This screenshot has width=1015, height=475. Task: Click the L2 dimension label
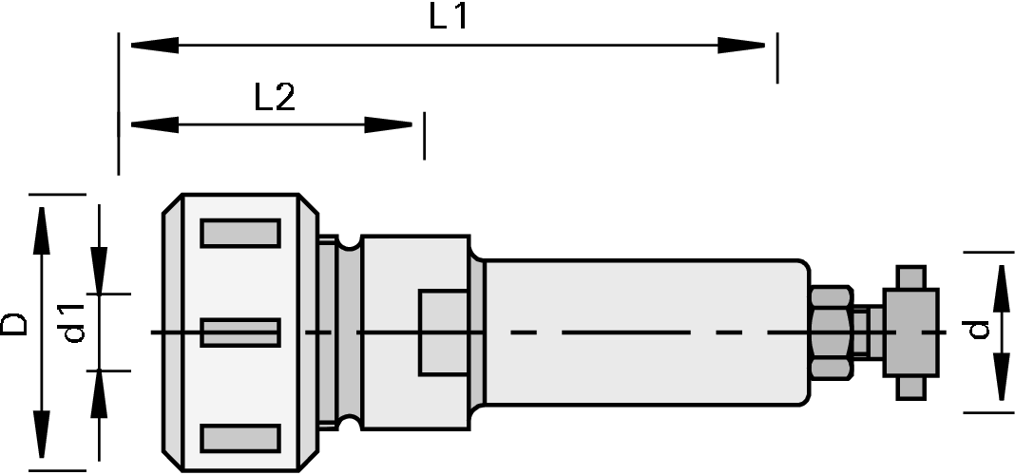[x=276, y=98]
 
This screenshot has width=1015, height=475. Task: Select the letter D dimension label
[x=14, y=326]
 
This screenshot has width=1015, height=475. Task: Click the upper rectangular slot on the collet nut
[x=239, y=233]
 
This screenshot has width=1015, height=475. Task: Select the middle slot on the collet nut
[x=239, y=332]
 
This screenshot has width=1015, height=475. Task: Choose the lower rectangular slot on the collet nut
[x=239, y=438]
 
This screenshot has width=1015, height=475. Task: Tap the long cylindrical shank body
[x=646, y=332]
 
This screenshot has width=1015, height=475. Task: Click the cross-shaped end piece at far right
[x=910, y=332]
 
